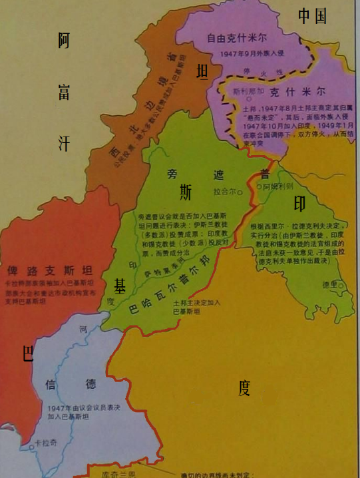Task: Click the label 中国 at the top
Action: (312, 17)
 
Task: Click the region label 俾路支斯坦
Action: (50, 273)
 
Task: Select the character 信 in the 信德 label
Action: (50, 384)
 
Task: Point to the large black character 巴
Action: (28, 354)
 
